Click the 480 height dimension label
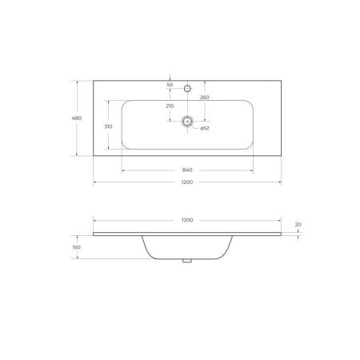[78, 119]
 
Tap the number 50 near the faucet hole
[170, 84]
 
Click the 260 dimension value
[206, 97]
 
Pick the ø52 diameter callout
[204, 128]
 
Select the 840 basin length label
[187, 170]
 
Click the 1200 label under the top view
[187, 182]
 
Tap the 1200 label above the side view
[187, 219]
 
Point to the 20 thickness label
[298, 224]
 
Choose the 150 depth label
[77, 247]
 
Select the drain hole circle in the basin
[187, 122]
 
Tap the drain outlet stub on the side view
[187, 260]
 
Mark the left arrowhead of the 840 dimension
[122, 172]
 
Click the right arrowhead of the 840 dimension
[254, 172]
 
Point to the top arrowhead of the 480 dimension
[78, 80]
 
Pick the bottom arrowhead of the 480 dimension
[78, 157]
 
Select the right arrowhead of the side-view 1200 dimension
[281, 222]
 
